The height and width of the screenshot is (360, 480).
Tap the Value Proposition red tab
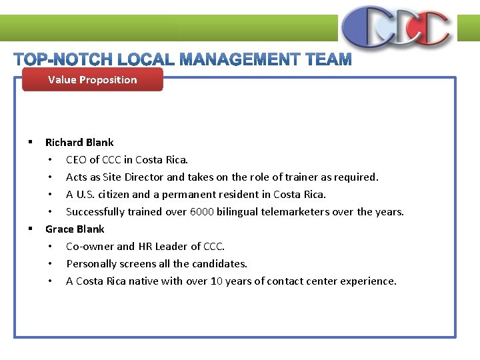pos(93,80)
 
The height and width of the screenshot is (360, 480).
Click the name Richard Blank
pos(79,142)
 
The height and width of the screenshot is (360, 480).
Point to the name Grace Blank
pos(75,229)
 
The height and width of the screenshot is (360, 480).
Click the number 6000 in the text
pos(203,211)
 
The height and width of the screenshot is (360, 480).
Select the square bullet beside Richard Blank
pos(31,142)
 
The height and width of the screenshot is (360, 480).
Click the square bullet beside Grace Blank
pos(31,229)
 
